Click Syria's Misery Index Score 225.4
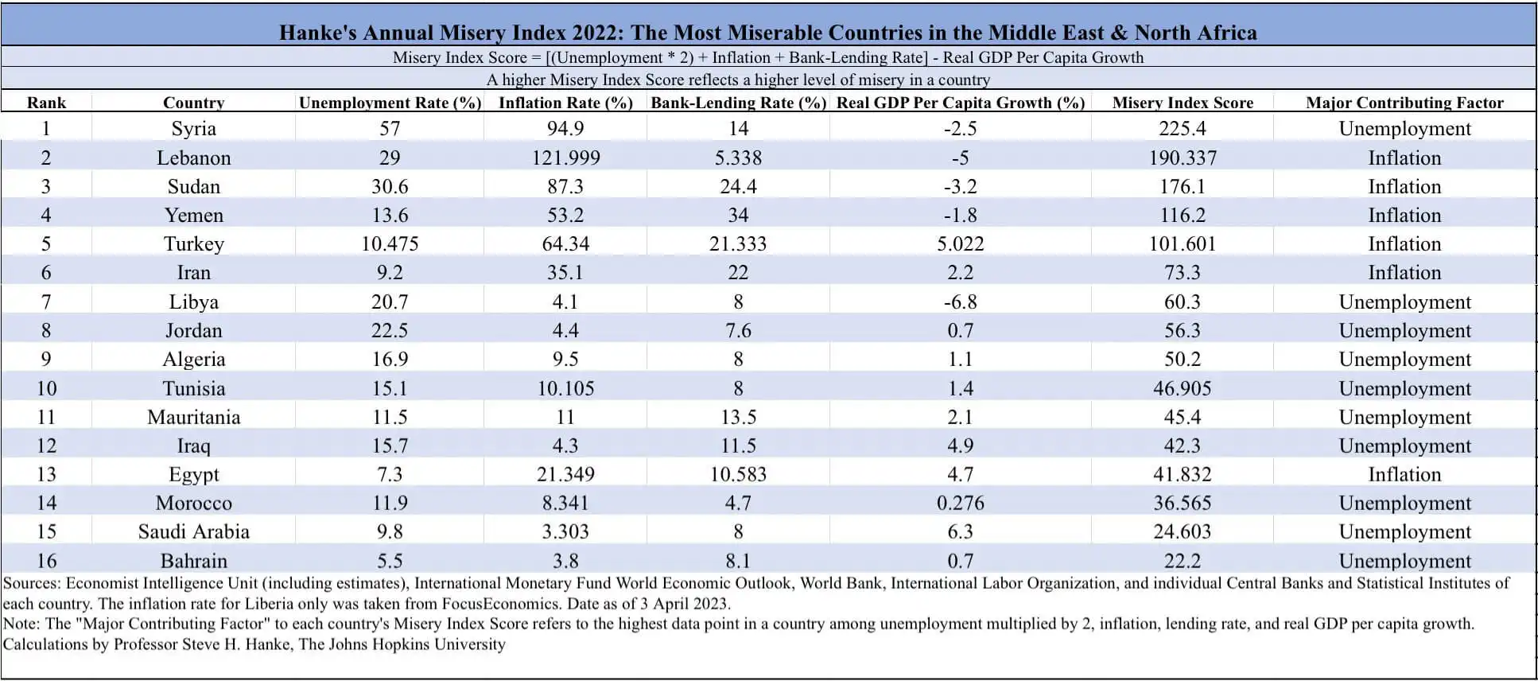point(1182,129)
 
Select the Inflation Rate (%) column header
point(565,103)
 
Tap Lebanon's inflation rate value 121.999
point(565,158)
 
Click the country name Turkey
point(193,243)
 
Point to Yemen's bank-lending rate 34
point(738,215)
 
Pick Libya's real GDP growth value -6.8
point(960,302)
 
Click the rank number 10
point(46,388)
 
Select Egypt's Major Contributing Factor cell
point(1404,474)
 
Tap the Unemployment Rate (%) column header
point(390,103)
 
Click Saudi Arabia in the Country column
point(193,531)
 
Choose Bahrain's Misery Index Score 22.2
point(1182,561)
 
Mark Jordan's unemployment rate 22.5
point(390,330)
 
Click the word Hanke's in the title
point(317,33)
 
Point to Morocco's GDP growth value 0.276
point(960,503)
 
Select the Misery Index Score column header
point(1182,103)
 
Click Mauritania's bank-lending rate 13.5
point(738,417)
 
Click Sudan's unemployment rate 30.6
point(390,186)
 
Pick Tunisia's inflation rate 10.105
point(565,388)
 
